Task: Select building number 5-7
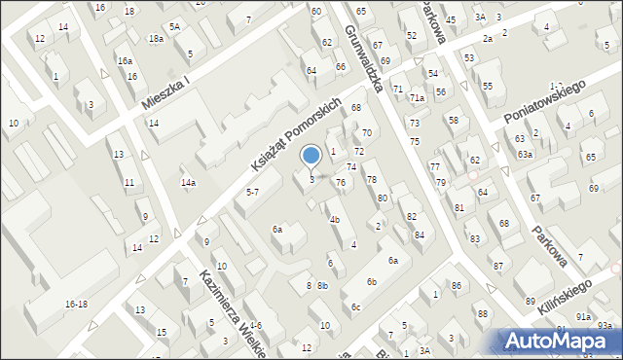(252, 193)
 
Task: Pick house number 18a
(156, 39)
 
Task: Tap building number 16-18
(76, 305)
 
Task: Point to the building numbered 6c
(356, 307)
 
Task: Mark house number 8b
(323, 286)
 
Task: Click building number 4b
(334, 219)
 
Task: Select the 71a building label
(417, 97)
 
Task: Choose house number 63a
(525, 155)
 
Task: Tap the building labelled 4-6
(255, 325)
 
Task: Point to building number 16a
(125, 60)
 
